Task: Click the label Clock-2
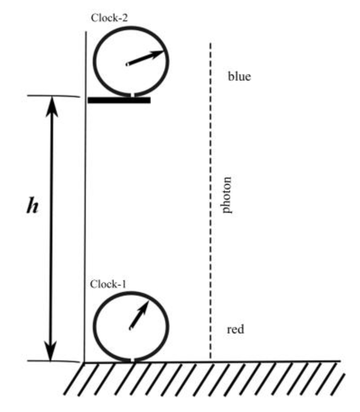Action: (109, 18)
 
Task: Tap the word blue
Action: (239, 76)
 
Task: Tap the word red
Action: (235, 330)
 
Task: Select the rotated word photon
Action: (226, 195)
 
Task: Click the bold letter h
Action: (32, 206)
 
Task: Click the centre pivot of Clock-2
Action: (127, 64)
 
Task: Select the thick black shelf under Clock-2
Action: (119, 100)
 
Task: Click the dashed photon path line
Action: (210, 201)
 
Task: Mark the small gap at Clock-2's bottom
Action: (132, 95)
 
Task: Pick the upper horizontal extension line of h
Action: (53, 96)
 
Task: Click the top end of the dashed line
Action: (211, 43)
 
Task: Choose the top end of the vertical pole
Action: (86, 31)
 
